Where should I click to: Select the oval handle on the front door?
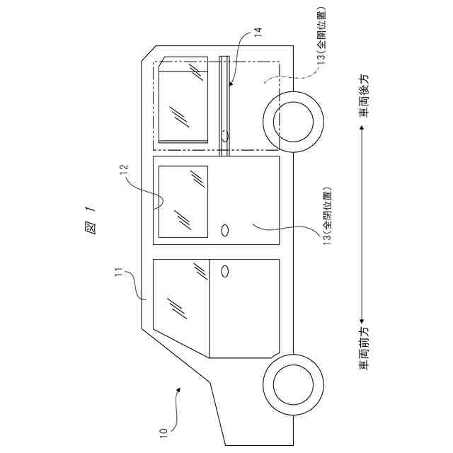[226, 271]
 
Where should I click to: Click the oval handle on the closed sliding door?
[226, 230]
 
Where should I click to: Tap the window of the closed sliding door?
[183, 201]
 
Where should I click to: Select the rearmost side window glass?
[183, 99]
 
